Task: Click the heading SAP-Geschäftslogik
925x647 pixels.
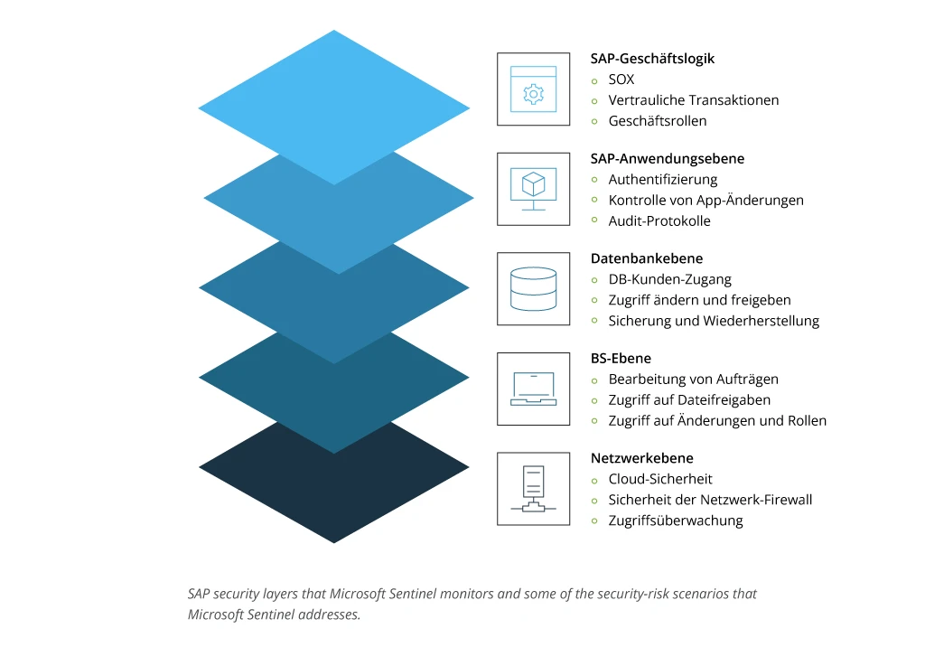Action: point(652,59)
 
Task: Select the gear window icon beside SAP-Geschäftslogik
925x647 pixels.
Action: point(533,89)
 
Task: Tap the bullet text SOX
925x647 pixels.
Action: point(621,80)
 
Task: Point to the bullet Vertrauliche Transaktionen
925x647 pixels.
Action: point(693,100)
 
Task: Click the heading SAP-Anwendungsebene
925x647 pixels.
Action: point(668,159)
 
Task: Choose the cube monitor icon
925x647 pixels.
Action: point(533,189)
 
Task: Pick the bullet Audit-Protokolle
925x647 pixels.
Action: point(659,221)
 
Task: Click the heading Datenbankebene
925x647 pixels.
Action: point(647,258)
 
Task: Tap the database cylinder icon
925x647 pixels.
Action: point(533,289)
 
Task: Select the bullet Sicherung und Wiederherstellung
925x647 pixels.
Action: point(714,321)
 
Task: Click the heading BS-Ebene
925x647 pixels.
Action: point(621,359)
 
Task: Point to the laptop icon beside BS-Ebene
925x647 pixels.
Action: point(533,389)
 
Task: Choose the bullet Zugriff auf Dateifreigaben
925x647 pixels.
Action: point(689,400)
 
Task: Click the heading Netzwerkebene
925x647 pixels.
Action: point(642,458)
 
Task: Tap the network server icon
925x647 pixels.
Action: point(533,489)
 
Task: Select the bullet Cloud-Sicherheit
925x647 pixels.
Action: point(660,479)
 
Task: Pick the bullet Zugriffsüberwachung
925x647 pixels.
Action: point(676,520)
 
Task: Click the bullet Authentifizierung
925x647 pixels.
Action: point(663,180)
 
